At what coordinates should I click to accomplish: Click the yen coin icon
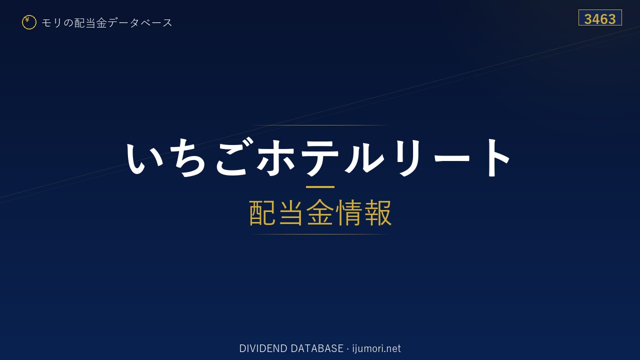[x=29, y=22]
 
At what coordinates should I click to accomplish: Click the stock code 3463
[x=600, y=19]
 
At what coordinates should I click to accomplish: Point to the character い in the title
[x=145, y=158]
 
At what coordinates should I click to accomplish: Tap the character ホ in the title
[x=276, y=157]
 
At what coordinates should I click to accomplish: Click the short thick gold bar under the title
[x=320, y=187]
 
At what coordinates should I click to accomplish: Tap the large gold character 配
[x=262, y=212]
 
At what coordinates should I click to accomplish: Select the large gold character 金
[x=320, y=212]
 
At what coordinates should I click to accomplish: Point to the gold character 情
[x=348, y=212]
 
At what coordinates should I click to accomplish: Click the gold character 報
[x=377, y=212]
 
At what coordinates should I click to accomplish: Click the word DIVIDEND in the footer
[x=263, y=348]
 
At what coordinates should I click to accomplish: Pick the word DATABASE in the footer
[x=317, y=348]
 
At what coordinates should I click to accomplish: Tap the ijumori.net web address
[x=376, y=348]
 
